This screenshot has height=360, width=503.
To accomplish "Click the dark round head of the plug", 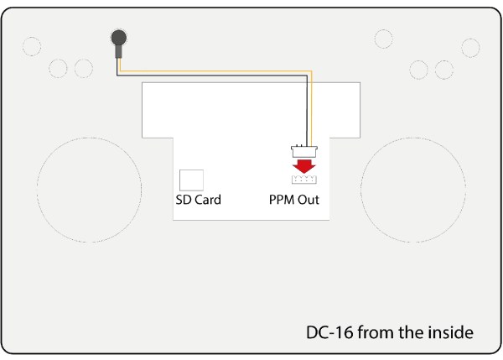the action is pyautogui.click(x=119, y=38).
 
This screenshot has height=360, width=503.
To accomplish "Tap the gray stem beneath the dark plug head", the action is pyautogui.click(x=119, y=52).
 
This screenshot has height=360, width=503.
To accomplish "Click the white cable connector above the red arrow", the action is pyautogui.click(x=304, y=151).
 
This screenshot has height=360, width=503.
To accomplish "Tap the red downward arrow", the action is pyautogui.click(x=303, y=166).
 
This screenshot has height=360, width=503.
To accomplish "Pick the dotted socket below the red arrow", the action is pyautogui.click(x=304, y=180).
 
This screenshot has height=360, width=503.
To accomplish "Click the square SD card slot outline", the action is pyautogui.click(x=191, y=180).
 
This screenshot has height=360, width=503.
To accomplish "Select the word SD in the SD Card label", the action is pyautogui.click(x=184, y=200).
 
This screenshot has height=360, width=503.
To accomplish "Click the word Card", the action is pyautogui.click(x=208, y=200).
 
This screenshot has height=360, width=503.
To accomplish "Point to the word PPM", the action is pyautogui.click(x=282, y=200).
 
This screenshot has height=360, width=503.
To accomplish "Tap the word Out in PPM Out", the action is pyautogui.click(x=309, y=200).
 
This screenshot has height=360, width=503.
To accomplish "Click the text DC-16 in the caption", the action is pyautogui.click(x=330, y=332).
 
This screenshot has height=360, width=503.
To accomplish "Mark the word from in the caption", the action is pyautogui.click(x=376, y=332).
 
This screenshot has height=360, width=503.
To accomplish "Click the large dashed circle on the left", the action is pyautogui.click(x=37, y=190).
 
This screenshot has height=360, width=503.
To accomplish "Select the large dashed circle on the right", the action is pyautogui.click(x=360, y=190).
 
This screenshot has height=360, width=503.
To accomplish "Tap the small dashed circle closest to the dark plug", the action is pyautogui.click(x=84, y=60).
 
